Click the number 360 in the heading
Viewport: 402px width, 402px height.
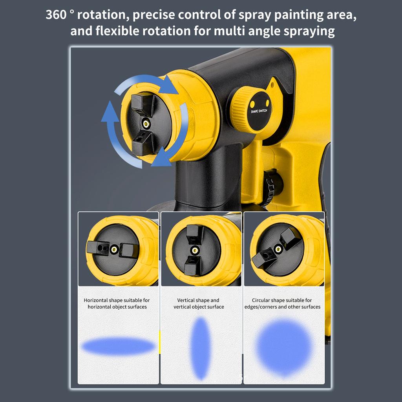tap(56, 15)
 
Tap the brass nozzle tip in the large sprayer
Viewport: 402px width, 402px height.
tap(146, 124)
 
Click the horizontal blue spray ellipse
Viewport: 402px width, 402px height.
tap(118, 346)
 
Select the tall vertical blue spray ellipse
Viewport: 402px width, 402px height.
tap(201, 348)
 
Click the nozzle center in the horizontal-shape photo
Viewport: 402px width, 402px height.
tap(114, 249)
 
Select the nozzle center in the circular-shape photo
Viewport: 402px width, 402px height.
tap(278, 249)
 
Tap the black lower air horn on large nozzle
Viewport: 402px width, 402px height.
tap(141, 144)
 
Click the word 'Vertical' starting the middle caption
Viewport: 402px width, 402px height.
tap(186, 300)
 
